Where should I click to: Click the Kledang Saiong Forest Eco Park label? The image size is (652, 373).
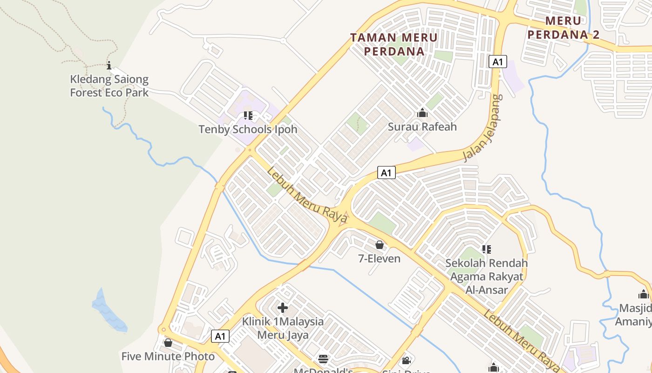click(x=109, y=86)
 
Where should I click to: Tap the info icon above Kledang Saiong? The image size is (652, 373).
click(x=109, y=65)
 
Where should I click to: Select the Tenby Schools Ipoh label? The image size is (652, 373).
click(x=248, y=129)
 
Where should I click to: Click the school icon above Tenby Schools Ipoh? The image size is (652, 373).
click(x=248, y=115)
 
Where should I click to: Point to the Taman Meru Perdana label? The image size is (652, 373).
click(x=394, y=44)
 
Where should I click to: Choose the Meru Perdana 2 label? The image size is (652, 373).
click(x=564, y=28)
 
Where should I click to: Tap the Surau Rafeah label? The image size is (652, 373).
click(x=422, y=126)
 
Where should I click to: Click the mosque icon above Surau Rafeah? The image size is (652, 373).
click(x=422, y=113)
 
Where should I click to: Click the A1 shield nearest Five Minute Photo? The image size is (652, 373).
click(x=220, y=336)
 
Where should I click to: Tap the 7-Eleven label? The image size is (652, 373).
click(x=379, y=258)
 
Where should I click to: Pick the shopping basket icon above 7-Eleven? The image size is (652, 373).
click(x=380, y=245)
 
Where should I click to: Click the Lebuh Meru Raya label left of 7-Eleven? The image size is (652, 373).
click(x=307, y=195)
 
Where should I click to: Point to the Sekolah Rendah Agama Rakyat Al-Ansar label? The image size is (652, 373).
click(x=487, y=276)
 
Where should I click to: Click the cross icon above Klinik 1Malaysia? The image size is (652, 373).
click(x=283, y=308)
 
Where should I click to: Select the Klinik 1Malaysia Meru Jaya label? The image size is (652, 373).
click(x=283, y=328)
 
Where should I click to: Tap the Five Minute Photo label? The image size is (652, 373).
click(x=168, y=357)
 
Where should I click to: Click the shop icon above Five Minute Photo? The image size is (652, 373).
click(x=168, y=343)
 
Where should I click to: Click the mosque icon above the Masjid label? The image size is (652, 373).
click(x=644, y=294)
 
